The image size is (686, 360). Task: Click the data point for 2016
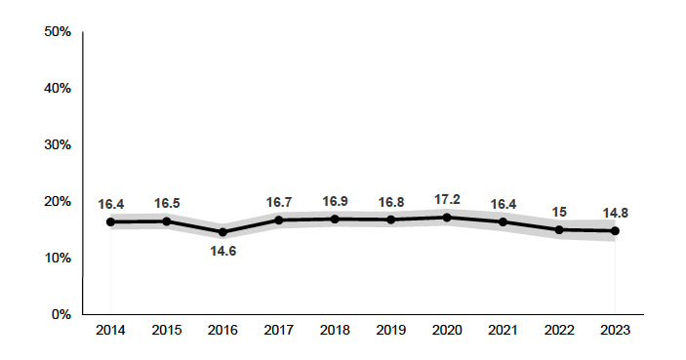click(222, 232)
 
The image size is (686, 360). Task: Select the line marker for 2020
click(447, 217)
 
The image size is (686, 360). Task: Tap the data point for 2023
click(615, 231)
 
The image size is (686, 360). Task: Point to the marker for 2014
click(110, 221)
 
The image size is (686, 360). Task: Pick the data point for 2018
click(335, 219)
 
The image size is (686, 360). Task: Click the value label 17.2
click(447, 198)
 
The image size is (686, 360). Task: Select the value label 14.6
click(222, 251)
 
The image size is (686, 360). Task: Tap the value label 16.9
click(335, 201)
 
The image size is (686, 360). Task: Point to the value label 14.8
click(615, 213)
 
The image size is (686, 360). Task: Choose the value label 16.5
click(167, 203)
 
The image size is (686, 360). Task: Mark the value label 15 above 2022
click(559, 212)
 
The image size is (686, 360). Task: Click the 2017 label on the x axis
click(279, 330)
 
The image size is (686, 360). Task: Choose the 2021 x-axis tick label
click(503, 330)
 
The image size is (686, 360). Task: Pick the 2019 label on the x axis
click(390, 330)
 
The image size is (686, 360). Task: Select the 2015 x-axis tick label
click(167, 330)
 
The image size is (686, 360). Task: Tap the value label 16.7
click(279, 202)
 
